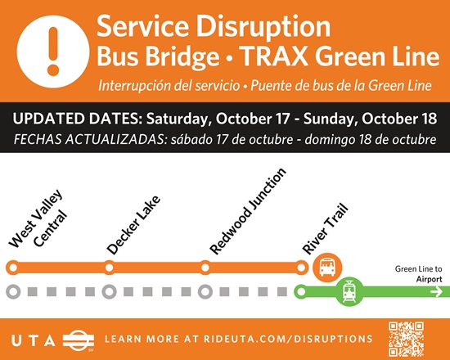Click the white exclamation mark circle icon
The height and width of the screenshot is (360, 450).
pyautogui.click(x=53, y=52)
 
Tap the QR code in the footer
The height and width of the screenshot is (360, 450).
pyautogui.click(x=406, y=339)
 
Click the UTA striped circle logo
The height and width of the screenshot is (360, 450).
pyautogui.click(x=79, y=340)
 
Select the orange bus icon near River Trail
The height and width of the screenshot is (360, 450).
pyautogui.click(x=327, y=268)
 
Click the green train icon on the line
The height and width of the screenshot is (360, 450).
pyautogui.click(x=349, y=291)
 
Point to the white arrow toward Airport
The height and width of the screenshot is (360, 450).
pyautogui.click(x=436, y=292)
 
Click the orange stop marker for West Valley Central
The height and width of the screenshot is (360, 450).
pyautogui.click(x=13, y=268)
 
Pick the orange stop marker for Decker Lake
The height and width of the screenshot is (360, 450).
pyautogui.click(x=109, y=268)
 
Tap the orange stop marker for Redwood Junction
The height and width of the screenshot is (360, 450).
pyautogui.click(x=205, y=268)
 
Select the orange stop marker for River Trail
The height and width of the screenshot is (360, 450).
pyautogui.click(x=301, y=268)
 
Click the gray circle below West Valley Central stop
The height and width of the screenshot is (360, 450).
pyautogui.click(x=13, y=291)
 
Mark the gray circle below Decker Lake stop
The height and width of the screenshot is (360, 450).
pyautogui.click(x=109, y=291)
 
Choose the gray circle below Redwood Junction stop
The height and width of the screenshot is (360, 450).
pyautogui.click(x=205, y=291)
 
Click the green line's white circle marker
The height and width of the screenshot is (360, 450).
pyautogui.click(x=301, y=291)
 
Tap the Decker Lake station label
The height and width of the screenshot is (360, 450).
pyautogui.click(x=133, y=225)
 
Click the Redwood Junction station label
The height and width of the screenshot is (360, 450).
pyautogui.click(x=248, y=211)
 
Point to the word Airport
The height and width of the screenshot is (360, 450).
pyautogui.click(x=429, y=279)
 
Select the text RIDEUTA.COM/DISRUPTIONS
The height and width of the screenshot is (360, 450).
pyautogui.click(x=288, y=339)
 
